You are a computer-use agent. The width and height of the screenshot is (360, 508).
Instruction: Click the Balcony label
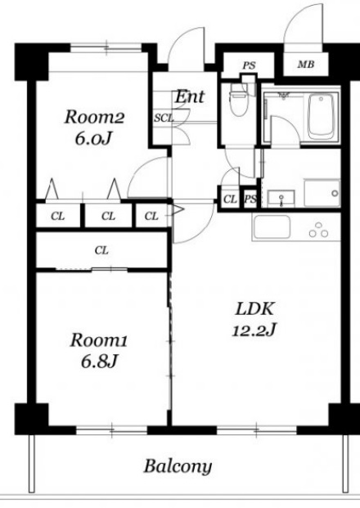point(178,466)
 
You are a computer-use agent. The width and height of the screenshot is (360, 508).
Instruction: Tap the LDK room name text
point(255,308)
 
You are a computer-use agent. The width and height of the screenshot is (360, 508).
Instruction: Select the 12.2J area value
point(254,330)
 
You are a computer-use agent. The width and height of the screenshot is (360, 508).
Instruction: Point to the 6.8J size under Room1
point(99,362)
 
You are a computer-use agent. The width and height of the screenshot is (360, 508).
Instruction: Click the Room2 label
point(94,117)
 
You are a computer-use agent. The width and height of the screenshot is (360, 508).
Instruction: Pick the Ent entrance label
point(190,97)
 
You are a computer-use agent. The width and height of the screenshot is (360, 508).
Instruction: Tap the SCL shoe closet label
point(164,119)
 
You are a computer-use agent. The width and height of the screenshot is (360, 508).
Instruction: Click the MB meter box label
point(306,65)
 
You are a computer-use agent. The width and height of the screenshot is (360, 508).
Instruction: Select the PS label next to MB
point(249,65)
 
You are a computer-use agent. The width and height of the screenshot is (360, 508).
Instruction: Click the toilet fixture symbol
point(239,100)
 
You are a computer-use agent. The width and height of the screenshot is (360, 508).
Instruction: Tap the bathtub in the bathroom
point(321,117)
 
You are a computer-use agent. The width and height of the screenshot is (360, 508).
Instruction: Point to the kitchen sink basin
point(272,227)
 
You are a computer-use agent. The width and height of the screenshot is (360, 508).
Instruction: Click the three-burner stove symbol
point(318,230)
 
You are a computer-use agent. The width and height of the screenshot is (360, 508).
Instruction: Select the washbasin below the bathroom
point(281,198)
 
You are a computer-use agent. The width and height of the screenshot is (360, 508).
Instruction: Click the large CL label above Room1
point(101,250)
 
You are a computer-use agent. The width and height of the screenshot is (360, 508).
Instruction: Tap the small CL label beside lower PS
point(230,199)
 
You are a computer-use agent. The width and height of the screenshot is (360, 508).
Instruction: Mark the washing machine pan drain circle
point(335,193)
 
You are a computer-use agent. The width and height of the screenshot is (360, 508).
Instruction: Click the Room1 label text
point(99,340)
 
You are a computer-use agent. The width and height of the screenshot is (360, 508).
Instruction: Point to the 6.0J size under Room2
point(93,139)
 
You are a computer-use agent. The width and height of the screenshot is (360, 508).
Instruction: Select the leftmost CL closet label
point(57,216)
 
